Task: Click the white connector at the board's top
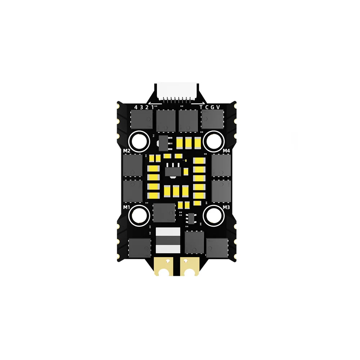coord(178,91)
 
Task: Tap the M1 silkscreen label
coord(126,207)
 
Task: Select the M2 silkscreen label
coord(126,151)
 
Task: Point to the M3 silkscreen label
coord(226,207)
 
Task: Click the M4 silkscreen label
coord(226,151)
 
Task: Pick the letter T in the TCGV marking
coord(201,107)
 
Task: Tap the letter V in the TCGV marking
coord(218,107)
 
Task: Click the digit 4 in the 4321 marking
coord(136,107)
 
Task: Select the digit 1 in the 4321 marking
coord(152,107)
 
